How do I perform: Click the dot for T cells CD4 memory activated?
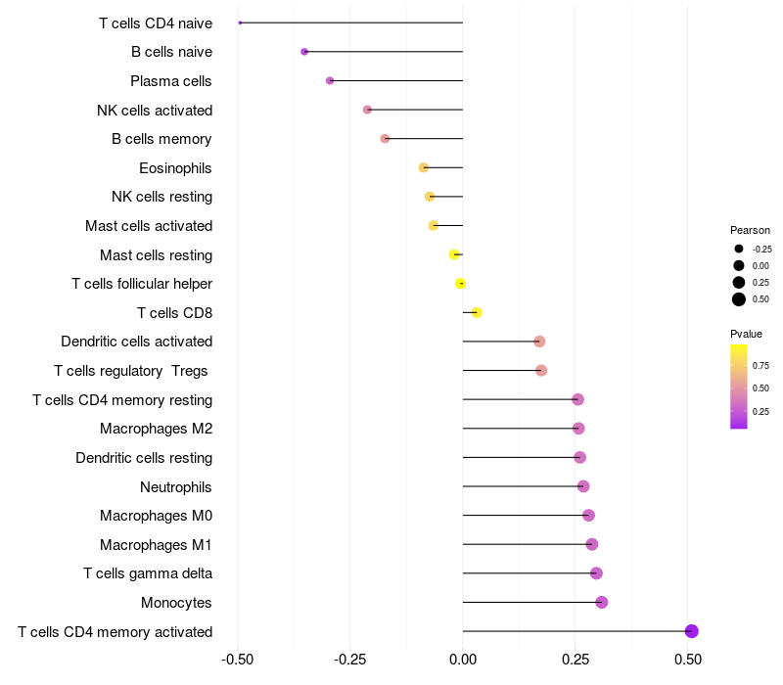tap(692, 631)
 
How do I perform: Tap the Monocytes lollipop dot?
tap(601, 602)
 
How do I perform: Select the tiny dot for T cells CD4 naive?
tap(240, 23)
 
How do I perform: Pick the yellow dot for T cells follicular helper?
tap(460, 284)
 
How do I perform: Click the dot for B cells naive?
tap(304, 52)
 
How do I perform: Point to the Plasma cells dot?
tap(330, 80)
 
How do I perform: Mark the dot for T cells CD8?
tap(477, 313)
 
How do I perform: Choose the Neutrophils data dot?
tap(583, 486)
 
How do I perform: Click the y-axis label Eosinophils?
tap(175, 168)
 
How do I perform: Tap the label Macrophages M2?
tap(156, 429)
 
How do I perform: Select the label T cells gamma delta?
tap(148, 573)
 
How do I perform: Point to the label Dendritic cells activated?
tap(136, 342)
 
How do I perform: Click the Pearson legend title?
tap(750, 230)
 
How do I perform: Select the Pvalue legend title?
tap(746, 334)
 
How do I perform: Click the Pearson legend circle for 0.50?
tap(739, 299)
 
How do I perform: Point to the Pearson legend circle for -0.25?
tap(739, 249)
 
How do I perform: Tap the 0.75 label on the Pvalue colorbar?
tap(760, 366)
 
